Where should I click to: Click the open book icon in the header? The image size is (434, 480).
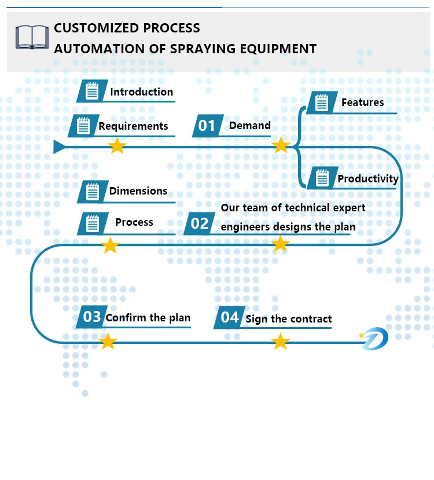(x=32, y=37)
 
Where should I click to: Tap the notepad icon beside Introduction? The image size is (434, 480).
(x=92, y=91)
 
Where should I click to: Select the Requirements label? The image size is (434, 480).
(x=133, y=126)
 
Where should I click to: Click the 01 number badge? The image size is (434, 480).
(x=208, y=126)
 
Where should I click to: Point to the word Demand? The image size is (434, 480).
(x=249, y=125)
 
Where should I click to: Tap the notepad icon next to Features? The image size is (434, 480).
(x=322, y=102)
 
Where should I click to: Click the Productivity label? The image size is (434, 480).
(x=368, y=179)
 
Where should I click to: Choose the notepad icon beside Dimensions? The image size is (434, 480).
(x=93, y=192)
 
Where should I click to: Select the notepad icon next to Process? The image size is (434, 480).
(x=93, y=223)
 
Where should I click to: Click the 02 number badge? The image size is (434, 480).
(x=200, y=223)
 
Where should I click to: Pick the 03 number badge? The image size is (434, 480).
(x=92, y=317)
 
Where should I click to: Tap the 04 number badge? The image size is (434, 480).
(x=229, y=317)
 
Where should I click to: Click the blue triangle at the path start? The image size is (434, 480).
(x=59, y=147)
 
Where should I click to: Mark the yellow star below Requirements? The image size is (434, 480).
(x=117, y=145)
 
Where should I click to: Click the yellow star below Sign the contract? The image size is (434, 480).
(x=281, y=341)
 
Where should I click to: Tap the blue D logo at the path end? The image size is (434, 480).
(x=374, y=338)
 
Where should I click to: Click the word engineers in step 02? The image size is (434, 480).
(x=245, y=227)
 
